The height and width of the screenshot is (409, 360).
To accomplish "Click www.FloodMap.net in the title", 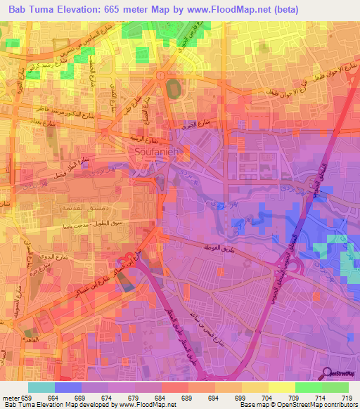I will tap(219, 9).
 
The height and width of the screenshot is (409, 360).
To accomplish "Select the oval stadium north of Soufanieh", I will tap(172, 90).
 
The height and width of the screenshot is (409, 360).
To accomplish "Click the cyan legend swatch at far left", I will tap(41, 387).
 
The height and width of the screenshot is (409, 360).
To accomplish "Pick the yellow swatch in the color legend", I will tap(281, 387).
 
